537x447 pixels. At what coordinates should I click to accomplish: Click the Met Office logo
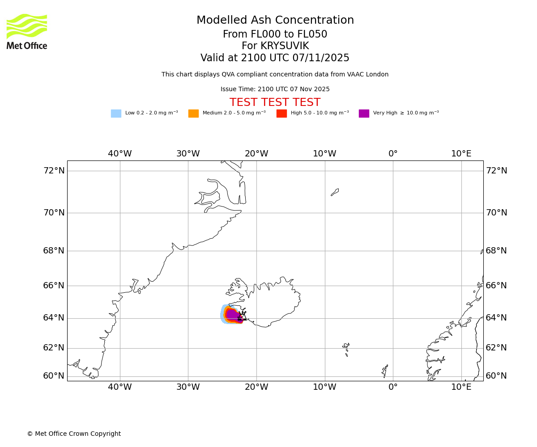27,32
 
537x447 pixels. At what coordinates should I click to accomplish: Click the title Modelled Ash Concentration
275,21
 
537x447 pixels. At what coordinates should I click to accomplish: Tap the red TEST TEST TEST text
275,103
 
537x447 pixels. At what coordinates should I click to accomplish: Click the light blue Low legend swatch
116,114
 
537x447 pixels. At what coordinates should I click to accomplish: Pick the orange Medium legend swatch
193,114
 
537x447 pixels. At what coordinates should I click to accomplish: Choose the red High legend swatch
281,114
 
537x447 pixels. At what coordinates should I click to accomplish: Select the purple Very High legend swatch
364,114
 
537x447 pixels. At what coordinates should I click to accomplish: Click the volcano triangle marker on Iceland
242,317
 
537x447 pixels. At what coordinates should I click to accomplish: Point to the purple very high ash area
232,314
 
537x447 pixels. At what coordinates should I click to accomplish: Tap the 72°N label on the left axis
54,171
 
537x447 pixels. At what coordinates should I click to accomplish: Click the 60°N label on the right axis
496,376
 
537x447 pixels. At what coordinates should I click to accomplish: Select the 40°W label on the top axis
120,154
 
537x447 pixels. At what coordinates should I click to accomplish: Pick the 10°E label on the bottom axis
461,387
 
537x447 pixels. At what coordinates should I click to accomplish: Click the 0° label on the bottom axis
393,387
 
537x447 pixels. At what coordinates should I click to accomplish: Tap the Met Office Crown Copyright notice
74,434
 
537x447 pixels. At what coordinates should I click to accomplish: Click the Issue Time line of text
275,89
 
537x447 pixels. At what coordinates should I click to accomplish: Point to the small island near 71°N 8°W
335,192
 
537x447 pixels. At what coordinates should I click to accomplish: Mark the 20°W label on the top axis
256,154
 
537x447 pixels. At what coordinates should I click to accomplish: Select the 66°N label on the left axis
54,286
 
